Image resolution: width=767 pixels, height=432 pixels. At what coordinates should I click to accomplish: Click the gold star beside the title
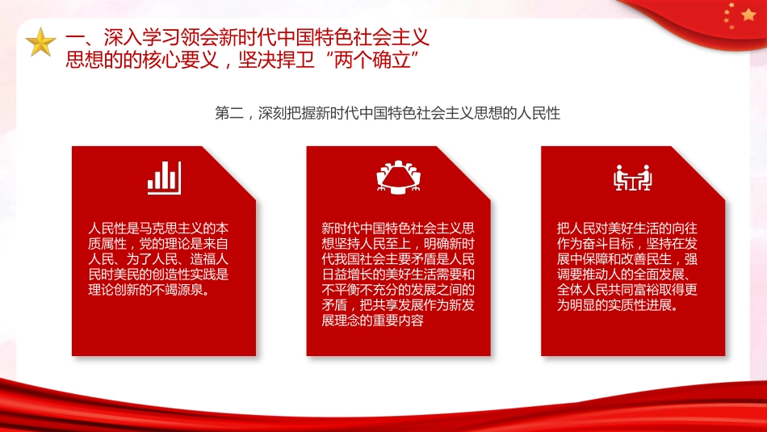[x=40, y=42]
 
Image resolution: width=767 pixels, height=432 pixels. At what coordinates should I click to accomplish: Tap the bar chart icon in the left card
[x=163, y=177]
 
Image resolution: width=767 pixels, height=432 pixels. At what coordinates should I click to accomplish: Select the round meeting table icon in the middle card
[x=398, y=177]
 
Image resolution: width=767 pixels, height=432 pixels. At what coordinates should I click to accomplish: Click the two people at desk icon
[x=632, y=177]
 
